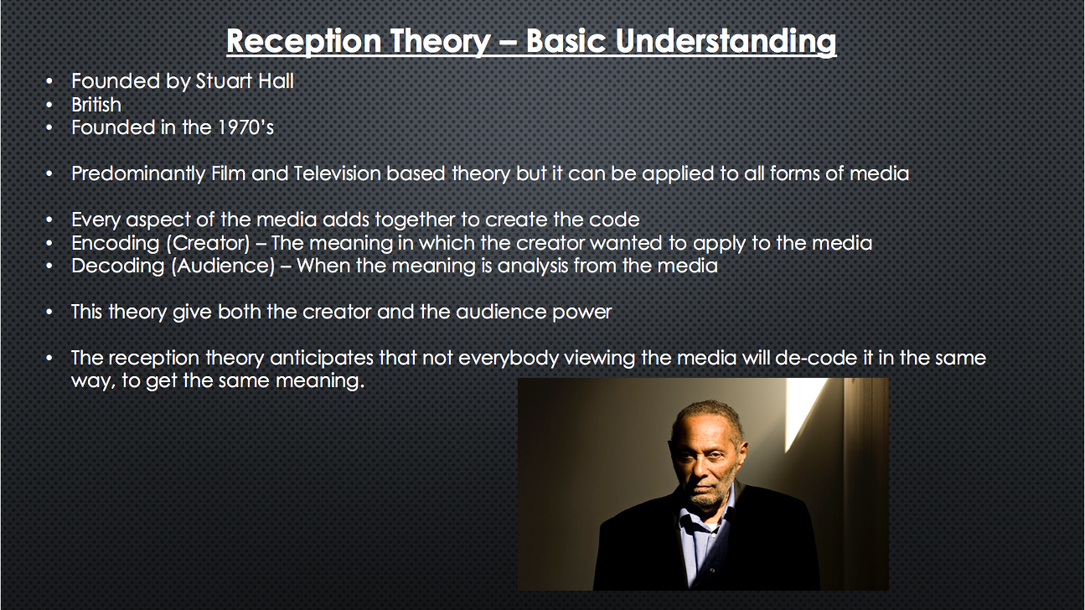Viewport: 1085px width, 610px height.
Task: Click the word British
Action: click(96, 105)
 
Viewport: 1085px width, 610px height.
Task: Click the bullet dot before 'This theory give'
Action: click(50, 313)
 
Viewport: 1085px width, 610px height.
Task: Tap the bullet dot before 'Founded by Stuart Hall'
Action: click(50, 81)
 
